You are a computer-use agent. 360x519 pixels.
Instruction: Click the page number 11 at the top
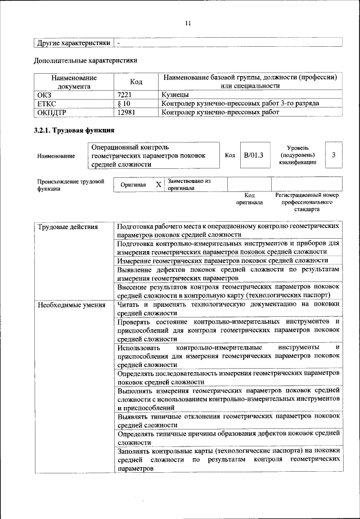187,23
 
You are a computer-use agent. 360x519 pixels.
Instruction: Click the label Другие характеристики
73,43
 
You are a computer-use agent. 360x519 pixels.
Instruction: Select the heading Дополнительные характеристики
85,60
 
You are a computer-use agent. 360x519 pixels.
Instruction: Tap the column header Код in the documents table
136,82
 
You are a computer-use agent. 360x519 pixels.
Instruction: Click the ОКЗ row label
44,95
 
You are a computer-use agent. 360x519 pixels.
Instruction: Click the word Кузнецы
175,95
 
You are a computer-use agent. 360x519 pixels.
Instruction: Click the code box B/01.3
254,155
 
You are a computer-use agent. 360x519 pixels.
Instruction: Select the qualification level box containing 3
334,155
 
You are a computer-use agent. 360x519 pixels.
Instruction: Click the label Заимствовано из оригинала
188,185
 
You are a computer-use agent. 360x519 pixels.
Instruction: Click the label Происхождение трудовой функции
71,185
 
